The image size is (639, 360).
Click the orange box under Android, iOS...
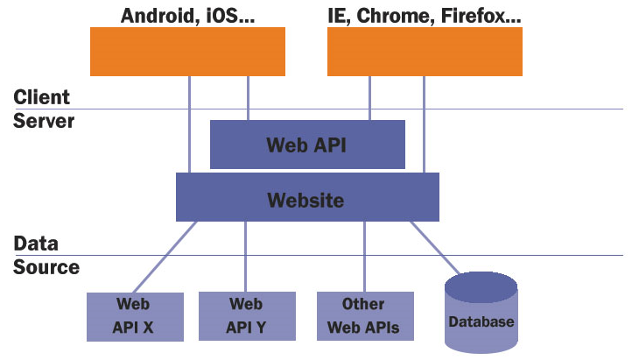[187, 52]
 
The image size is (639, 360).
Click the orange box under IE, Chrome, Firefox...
[425, 52]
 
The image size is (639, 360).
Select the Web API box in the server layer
[307, 145]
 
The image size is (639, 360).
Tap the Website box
[307, 197]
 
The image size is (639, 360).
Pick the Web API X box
[135, 317]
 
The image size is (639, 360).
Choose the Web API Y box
[247, 316]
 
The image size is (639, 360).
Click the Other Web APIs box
[365, 316]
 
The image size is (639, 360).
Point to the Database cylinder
[481, 313]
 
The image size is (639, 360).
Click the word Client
[41, 97]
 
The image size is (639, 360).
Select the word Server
[44, 121]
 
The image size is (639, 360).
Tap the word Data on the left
[36, 244]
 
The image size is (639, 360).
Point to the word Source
[46, 267]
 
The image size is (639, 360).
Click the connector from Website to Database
[435, 248]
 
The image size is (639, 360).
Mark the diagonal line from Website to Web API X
[165, 257]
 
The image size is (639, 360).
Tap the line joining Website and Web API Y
[245, 257]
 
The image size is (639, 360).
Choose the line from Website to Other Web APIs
[364, 257]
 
